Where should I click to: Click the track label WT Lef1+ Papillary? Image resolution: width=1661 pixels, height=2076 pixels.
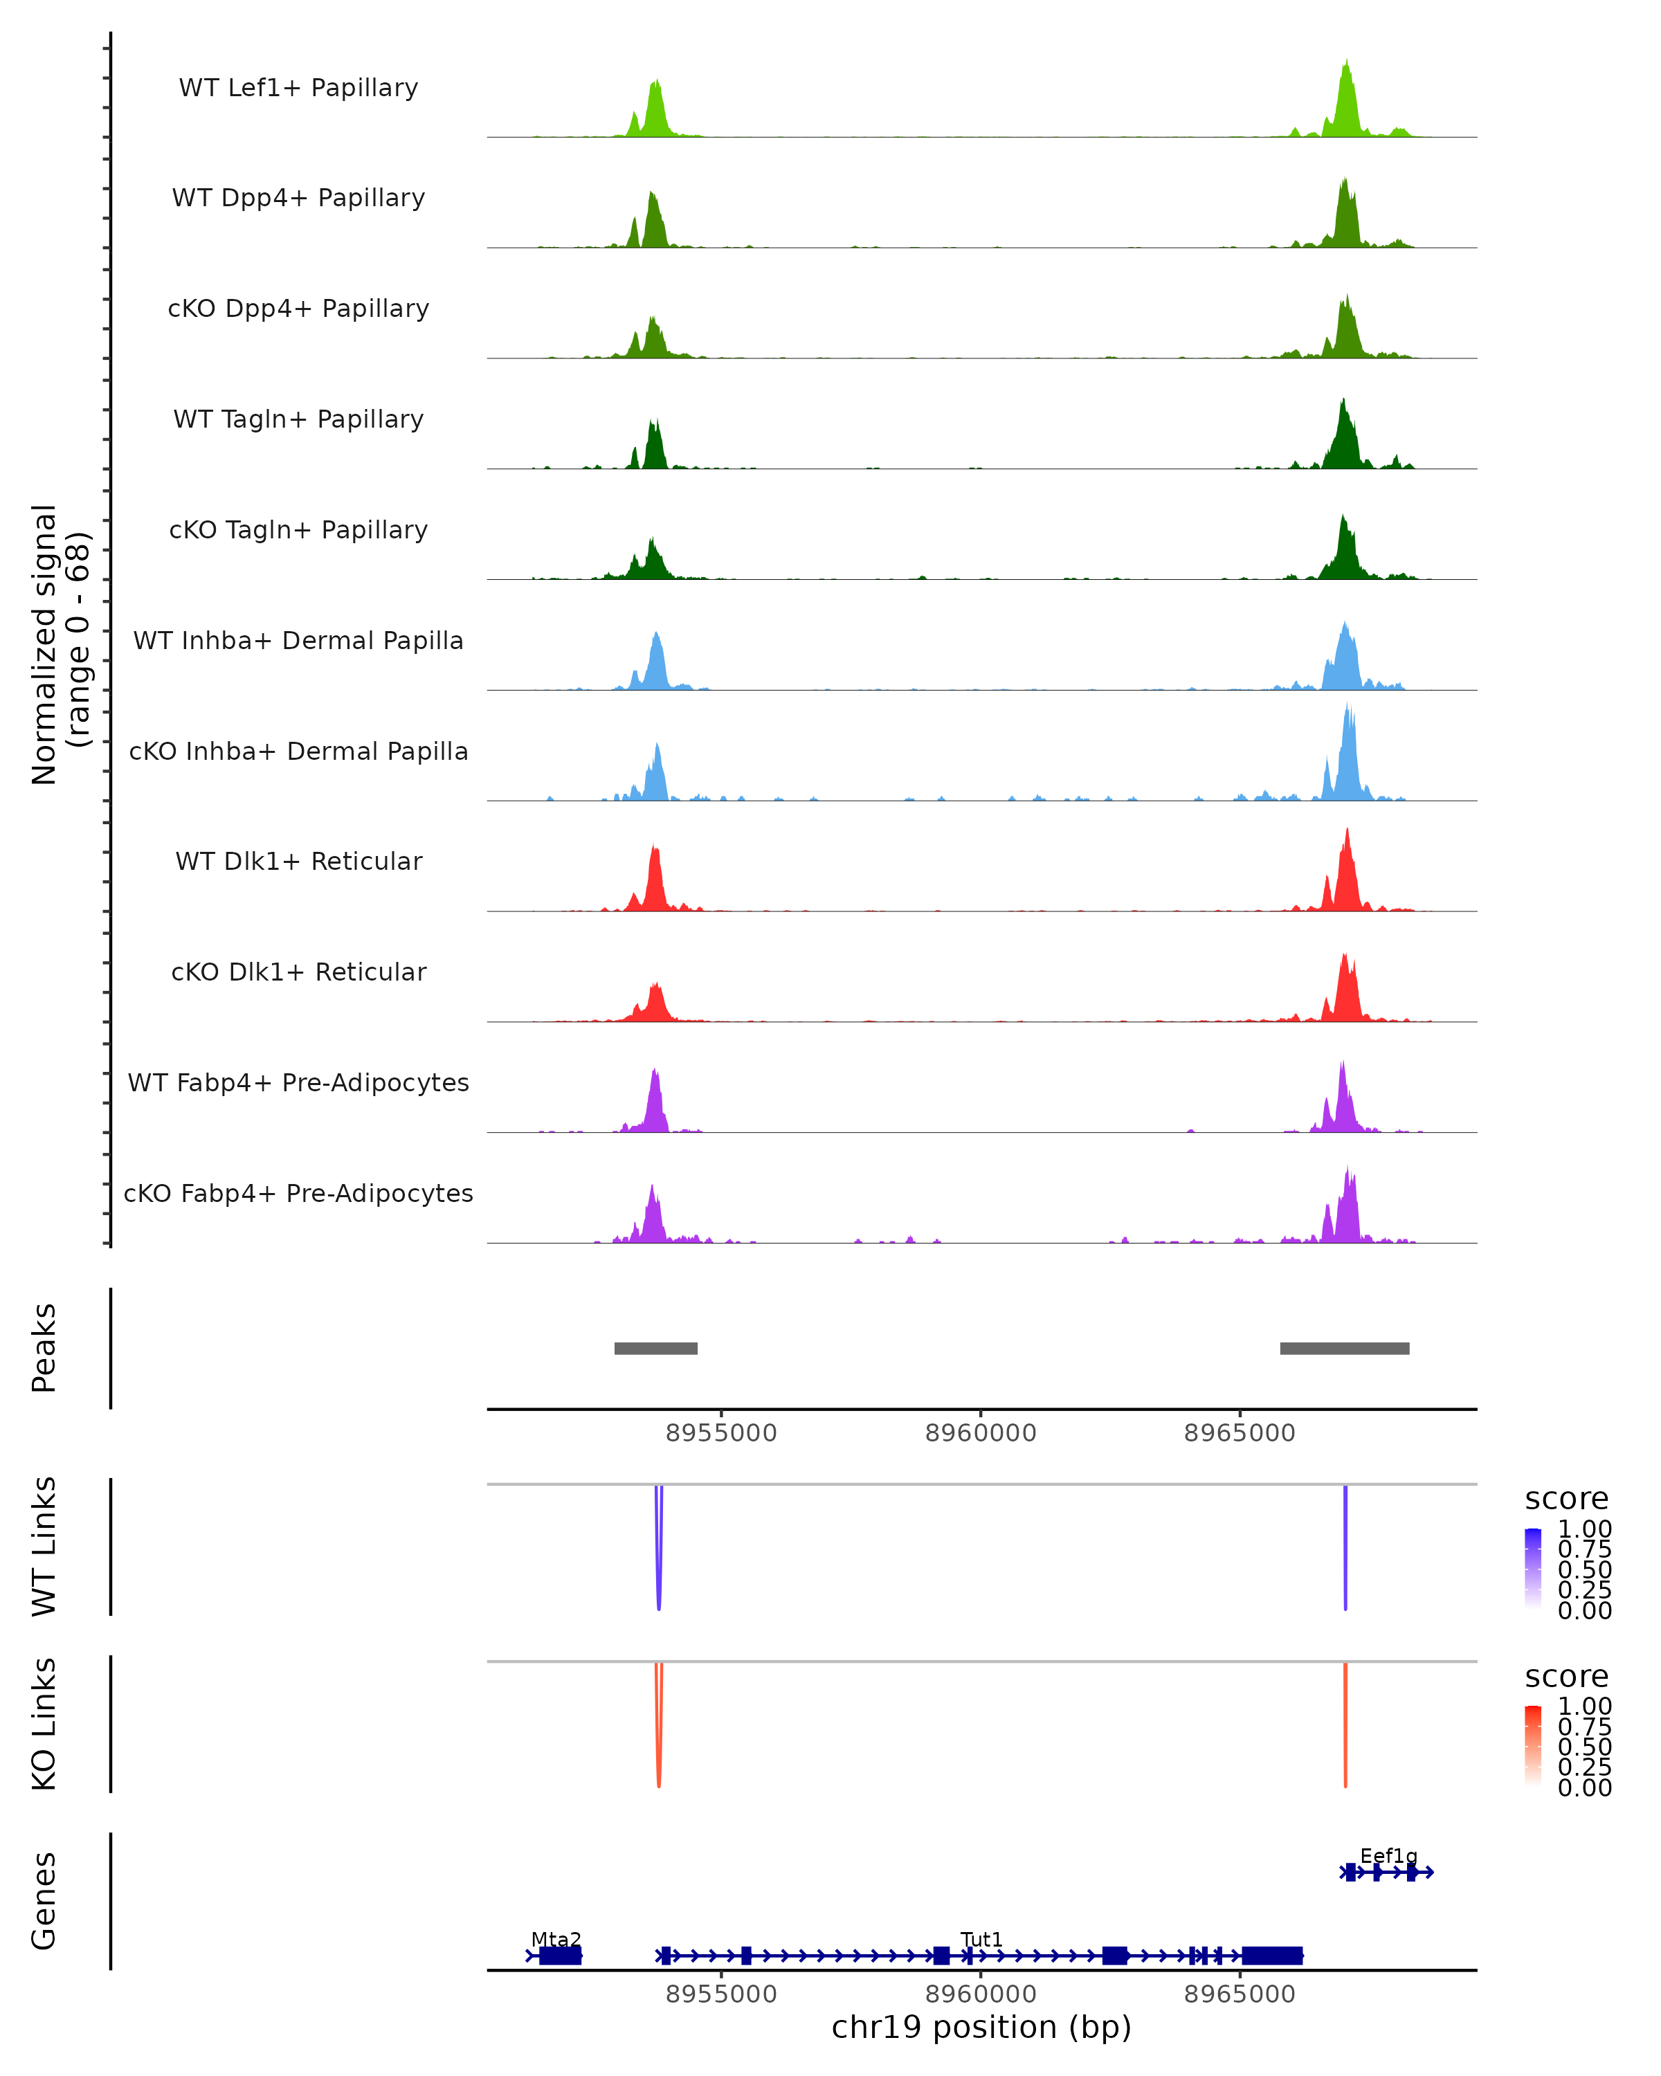pos(298,88)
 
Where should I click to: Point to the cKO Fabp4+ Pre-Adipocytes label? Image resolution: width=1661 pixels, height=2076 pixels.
pos(298,1193)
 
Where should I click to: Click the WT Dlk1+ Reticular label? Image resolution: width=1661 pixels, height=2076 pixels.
pos(298,861)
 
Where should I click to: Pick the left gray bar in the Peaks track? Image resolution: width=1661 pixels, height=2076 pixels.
pos(655,1348)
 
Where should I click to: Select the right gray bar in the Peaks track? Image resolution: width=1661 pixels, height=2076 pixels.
pos(1344,1348)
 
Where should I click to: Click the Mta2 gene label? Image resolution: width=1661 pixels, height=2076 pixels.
pos(556,1939)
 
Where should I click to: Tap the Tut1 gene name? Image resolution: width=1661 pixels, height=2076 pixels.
pos(981,1939)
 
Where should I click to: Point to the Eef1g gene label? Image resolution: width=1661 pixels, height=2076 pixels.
pos(1388,1855)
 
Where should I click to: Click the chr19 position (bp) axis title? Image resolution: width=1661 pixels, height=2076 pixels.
pos(981,2027)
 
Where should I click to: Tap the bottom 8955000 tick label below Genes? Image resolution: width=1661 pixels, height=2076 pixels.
pos(721,1993)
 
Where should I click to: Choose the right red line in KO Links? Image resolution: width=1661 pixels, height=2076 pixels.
pos(1345,1724)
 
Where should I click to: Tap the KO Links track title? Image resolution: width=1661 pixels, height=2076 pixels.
pos(44,1724)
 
